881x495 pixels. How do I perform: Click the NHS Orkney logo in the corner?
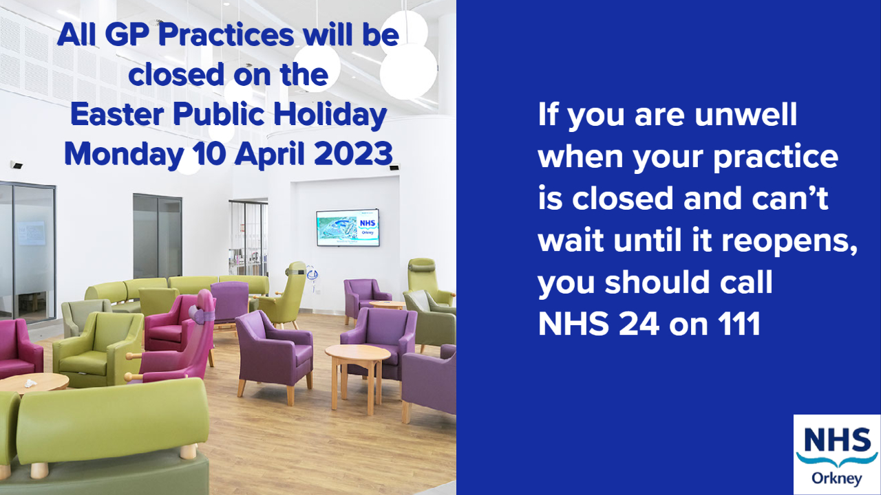click(x=836, y=454)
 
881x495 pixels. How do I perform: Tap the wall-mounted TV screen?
click(x=348, y=228)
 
